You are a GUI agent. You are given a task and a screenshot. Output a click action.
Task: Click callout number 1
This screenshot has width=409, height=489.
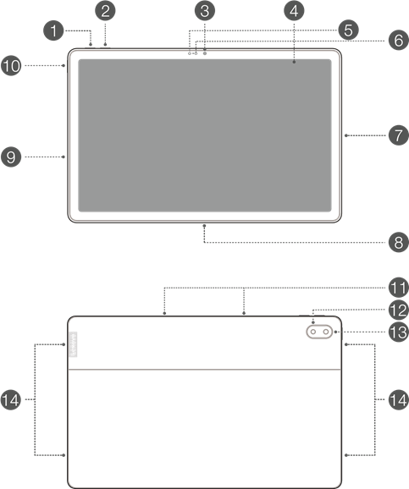(x=53, y=30)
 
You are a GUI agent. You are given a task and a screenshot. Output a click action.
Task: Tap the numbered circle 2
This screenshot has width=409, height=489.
(x=105, y=11)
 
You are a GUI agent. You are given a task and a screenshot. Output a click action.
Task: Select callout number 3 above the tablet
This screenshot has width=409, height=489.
(x=205, y=11)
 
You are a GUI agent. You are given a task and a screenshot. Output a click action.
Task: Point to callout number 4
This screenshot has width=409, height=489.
(x=294, y=11)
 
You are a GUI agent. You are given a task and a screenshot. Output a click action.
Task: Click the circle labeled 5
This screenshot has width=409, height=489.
(x=348, y=30)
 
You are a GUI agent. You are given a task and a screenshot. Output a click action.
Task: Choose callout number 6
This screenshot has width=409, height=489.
(x=399, y=41)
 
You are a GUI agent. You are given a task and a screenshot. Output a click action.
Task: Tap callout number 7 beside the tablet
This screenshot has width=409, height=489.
(x=399, y=135)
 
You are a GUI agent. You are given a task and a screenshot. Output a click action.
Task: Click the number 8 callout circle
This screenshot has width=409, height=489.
(x=399, y=242)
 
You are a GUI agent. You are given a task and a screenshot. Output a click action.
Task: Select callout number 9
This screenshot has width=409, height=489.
(x=11, y=157)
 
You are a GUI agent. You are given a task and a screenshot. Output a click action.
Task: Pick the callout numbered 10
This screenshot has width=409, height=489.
(x=11, y=66)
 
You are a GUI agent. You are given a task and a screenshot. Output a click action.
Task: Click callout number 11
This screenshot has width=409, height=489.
(x=399, y=288)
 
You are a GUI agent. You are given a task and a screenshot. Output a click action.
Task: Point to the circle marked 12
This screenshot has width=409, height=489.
(x=399, y=310)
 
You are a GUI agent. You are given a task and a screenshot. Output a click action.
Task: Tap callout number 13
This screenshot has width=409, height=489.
(x=399, y=332)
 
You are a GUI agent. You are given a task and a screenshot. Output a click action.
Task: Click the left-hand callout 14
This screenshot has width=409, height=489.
(x=11, y=400)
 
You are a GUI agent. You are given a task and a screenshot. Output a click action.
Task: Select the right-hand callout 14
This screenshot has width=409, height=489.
(x=399, y=400)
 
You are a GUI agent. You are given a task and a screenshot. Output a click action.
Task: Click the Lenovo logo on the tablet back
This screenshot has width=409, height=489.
(x=73, y=344)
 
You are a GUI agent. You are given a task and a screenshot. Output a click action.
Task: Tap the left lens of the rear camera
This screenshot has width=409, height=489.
(x=312, y=332)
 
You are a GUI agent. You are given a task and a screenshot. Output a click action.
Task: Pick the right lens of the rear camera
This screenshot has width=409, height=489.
(x=326, y=332)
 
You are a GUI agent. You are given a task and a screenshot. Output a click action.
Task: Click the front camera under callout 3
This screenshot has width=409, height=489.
(x=205, y=53)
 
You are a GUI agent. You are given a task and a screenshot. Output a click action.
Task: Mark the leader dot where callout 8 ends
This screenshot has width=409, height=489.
(x=204, y=225)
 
